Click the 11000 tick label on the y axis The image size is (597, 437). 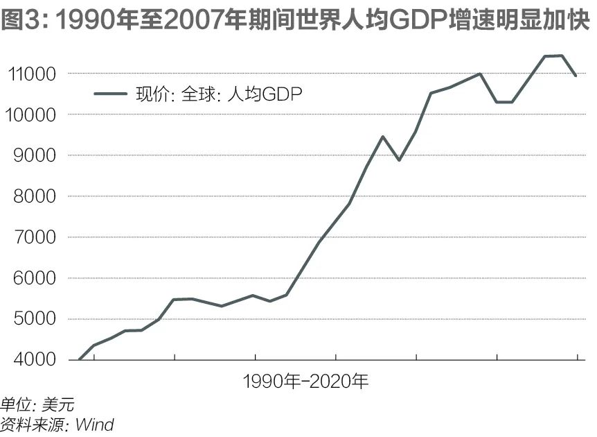[x=33, y=74]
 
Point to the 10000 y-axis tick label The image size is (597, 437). [x=33, y=115]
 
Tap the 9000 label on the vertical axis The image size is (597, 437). [x=36, y=156]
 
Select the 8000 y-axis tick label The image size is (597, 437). [x=36, y=197]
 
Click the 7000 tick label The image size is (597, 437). [x=36, y=238]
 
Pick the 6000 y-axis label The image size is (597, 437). [x=36, y=279]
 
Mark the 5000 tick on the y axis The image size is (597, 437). [x=36, y=320]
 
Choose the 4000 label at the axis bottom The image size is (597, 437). [x=36, y=360]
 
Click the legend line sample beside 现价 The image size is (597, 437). [x=111, y=94]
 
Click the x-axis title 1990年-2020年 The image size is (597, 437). [x=306, y=382]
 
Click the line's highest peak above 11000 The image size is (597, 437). [x=562, y=55]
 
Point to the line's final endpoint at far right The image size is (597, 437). [x=576, y=76]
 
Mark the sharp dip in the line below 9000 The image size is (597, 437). [x=399, y=160]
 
